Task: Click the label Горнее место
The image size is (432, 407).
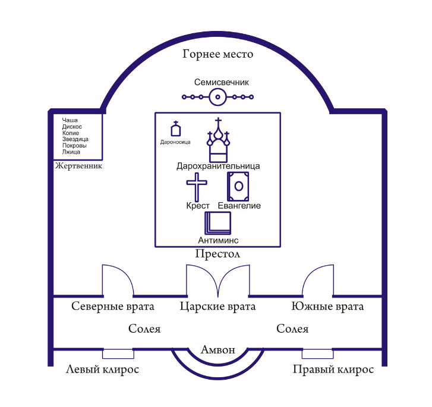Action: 217,55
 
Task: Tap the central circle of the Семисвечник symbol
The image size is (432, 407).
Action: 217,96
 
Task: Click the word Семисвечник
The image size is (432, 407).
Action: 217,82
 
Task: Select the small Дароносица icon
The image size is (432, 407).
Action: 175,130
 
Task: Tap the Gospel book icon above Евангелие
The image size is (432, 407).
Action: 238,186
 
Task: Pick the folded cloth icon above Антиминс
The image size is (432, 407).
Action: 217,223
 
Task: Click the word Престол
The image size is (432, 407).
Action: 217,254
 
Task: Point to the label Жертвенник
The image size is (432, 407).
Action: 78,166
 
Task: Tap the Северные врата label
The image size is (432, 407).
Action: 113,307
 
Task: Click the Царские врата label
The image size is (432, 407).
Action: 217,307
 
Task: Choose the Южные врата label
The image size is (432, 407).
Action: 327,307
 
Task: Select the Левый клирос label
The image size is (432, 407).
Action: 102,370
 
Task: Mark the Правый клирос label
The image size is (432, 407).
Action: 333,370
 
